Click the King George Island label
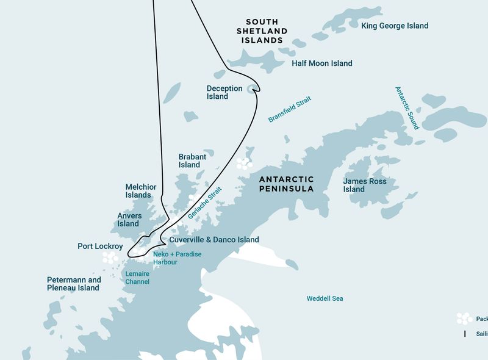click(395, 26)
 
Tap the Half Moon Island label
click(321, 63)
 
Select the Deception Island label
click(217, 92)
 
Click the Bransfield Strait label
click(290, 109)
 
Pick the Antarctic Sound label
click(407, 107)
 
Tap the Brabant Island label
click(192, 161)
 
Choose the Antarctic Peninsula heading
click(286, 184)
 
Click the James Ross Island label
click(364, 185)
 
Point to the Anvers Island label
click(129, 220)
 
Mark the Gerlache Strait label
click(205, 204)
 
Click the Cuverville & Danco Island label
click(214, 240)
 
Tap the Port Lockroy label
click(100, 247)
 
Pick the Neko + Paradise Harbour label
click(177, 258)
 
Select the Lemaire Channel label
click(137, 278)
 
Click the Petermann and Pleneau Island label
click(74, 284)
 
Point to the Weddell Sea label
click(325, 298)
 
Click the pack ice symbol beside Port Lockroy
click(112, 259)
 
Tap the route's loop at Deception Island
click(253, 90)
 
